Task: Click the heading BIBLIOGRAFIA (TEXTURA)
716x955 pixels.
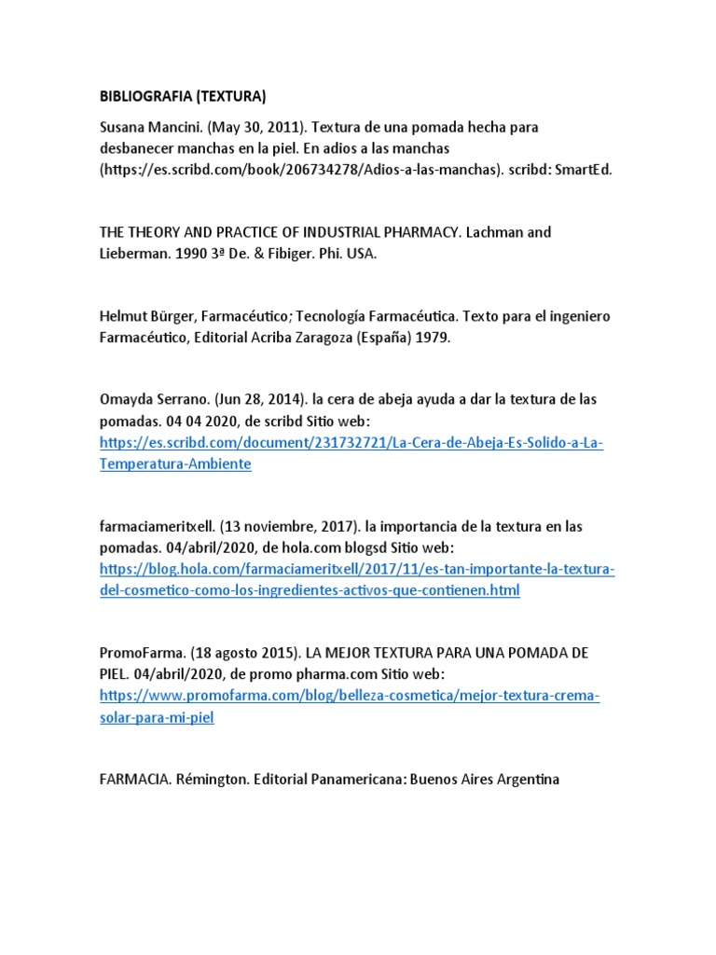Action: (183, 95)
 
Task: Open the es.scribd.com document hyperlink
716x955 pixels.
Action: (351, 442)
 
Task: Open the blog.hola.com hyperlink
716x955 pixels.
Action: (357, 569)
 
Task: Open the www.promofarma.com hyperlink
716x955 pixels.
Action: (349, 696)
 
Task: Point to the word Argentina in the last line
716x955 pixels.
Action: (526, 779)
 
